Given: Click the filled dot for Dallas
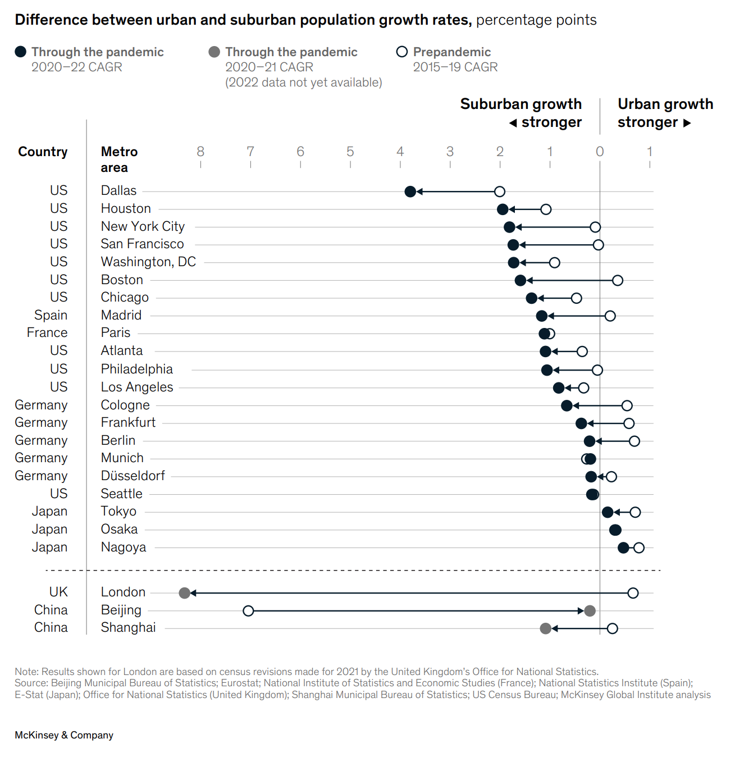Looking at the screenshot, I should [x=410, y=191].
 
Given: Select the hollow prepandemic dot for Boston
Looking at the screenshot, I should [x=618, y=280].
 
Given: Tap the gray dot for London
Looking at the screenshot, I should [x=184, y=593].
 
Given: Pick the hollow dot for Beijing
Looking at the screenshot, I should [x=248, y=610].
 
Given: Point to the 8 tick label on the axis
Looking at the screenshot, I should [x=200, y=152].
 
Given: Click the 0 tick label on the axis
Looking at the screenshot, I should [x=600, y=152].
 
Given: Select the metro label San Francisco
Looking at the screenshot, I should [x=142, y=244].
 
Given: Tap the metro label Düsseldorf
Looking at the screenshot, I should [x=133, y=476].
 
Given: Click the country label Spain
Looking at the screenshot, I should [x=51, y=315].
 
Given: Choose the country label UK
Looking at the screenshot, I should [x=58, y=592].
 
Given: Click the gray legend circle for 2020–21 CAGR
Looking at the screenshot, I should [x=214, y=52].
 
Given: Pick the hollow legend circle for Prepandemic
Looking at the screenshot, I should [x=402, y=52].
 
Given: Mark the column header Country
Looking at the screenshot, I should [x=43, y=152].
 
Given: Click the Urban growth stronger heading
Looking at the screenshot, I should [x=665, y=113].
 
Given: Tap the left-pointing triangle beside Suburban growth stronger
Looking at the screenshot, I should [x=513, y=123].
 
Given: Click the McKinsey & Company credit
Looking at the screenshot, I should [x=64, y=735].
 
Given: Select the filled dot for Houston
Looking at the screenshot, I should [x=503, y=209].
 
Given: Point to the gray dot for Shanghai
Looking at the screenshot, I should [x=545, y=628].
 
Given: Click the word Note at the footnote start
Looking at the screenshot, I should [x=26, y=672].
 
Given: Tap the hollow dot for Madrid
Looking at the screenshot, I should [x=610, y=316].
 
